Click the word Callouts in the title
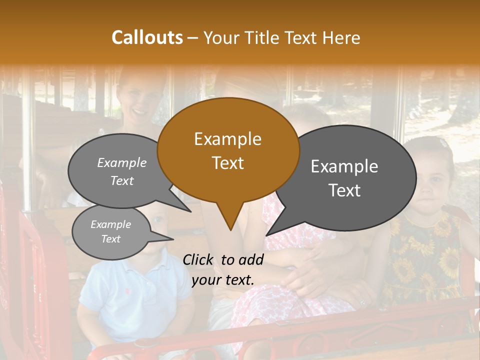(x=147, y=37)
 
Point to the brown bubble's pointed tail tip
(x=230, y=230)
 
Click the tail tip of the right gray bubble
(x=266, y=235)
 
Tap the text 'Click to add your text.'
(x=223, y=269)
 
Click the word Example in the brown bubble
(x=227, y=139)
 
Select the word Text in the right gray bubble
(x=345, y=190)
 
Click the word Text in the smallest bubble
(x=111, y=239)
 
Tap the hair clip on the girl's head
(x=444, y=143)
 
